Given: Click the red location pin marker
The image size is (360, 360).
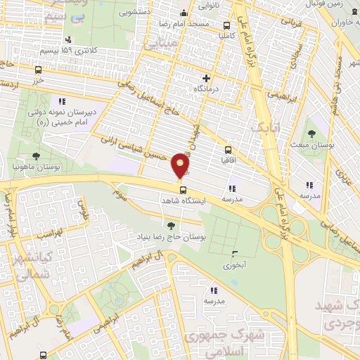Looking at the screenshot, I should point(181,166).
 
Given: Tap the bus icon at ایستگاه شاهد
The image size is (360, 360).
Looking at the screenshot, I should point(183,190).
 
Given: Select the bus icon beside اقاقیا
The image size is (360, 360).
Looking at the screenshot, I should point(228,150).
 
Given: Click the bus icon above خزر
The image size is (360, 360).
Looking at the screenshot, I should point(38,70).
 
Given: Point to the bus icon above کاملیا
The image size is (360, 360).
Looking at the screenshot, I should point(226,22).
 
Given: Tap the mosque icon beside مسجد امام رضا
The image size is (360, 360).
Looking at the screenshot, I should point(184,13).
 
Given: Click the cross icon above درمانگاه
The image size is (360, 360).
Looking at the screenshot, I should point(205,78).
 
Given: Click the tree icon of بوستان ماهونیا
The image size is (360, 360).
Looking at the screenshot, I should point(36,156).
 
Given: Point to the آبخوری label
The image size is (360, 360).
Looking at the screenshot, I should point(233,266).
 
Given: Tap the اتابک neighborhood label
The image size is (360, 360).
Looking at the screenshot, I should point(266,127).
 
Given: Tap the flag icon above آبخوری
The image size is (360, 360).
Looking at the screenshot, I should point(234,254).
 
